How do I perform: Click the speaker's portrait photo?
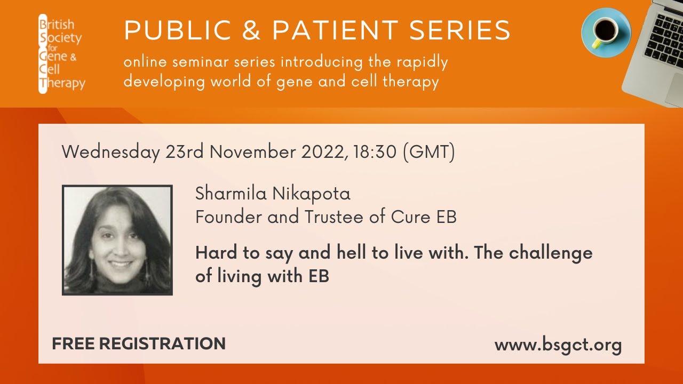[x=117, y=240]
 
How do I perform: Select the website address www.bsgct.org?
[x=558, y=345]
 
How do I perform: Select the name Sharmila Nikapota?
[x=273, y=194]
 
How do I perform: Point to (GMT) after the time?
[x=428, y=153]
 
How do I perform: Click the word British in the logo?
[x=59, y=25]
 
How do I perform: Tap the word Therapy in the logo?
[x=65, y=83]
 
